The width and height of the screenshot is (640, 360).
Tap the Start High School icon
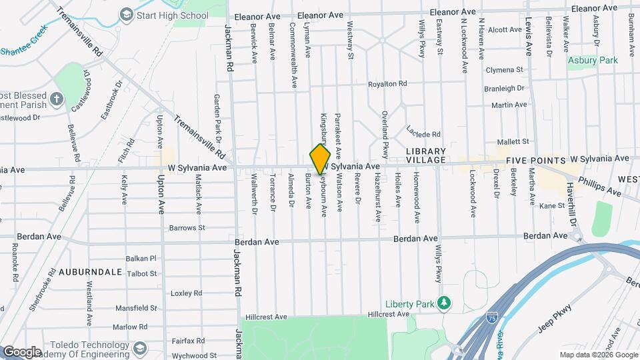click(x=125, y=14)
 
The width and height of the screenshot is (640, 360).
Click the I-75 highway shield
click(x=491, y=319)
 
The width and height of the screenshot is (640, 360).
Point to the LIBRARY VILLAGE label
click(x=425, y=156)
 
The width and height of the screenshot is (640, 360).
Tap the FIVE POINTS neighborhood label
click(x=535, y=161)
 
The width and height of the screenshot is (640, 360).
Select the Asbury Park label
click(x=593, y=60)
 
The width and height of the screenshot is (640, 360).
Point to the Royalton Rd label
click(x=387, y=84)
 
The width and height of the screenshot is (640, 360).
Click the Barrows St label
click(x=187, y=227)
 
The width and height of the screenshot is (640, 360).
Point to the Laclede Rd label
click(x=423, y=133)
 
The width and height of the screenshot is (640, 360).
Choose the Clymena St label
click(x=504, y=70)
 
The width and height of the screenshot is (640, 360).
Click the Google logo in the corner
click(x=22, y=351)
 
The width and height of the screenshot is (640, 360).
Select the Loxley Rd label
click(x=186, y=293)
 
